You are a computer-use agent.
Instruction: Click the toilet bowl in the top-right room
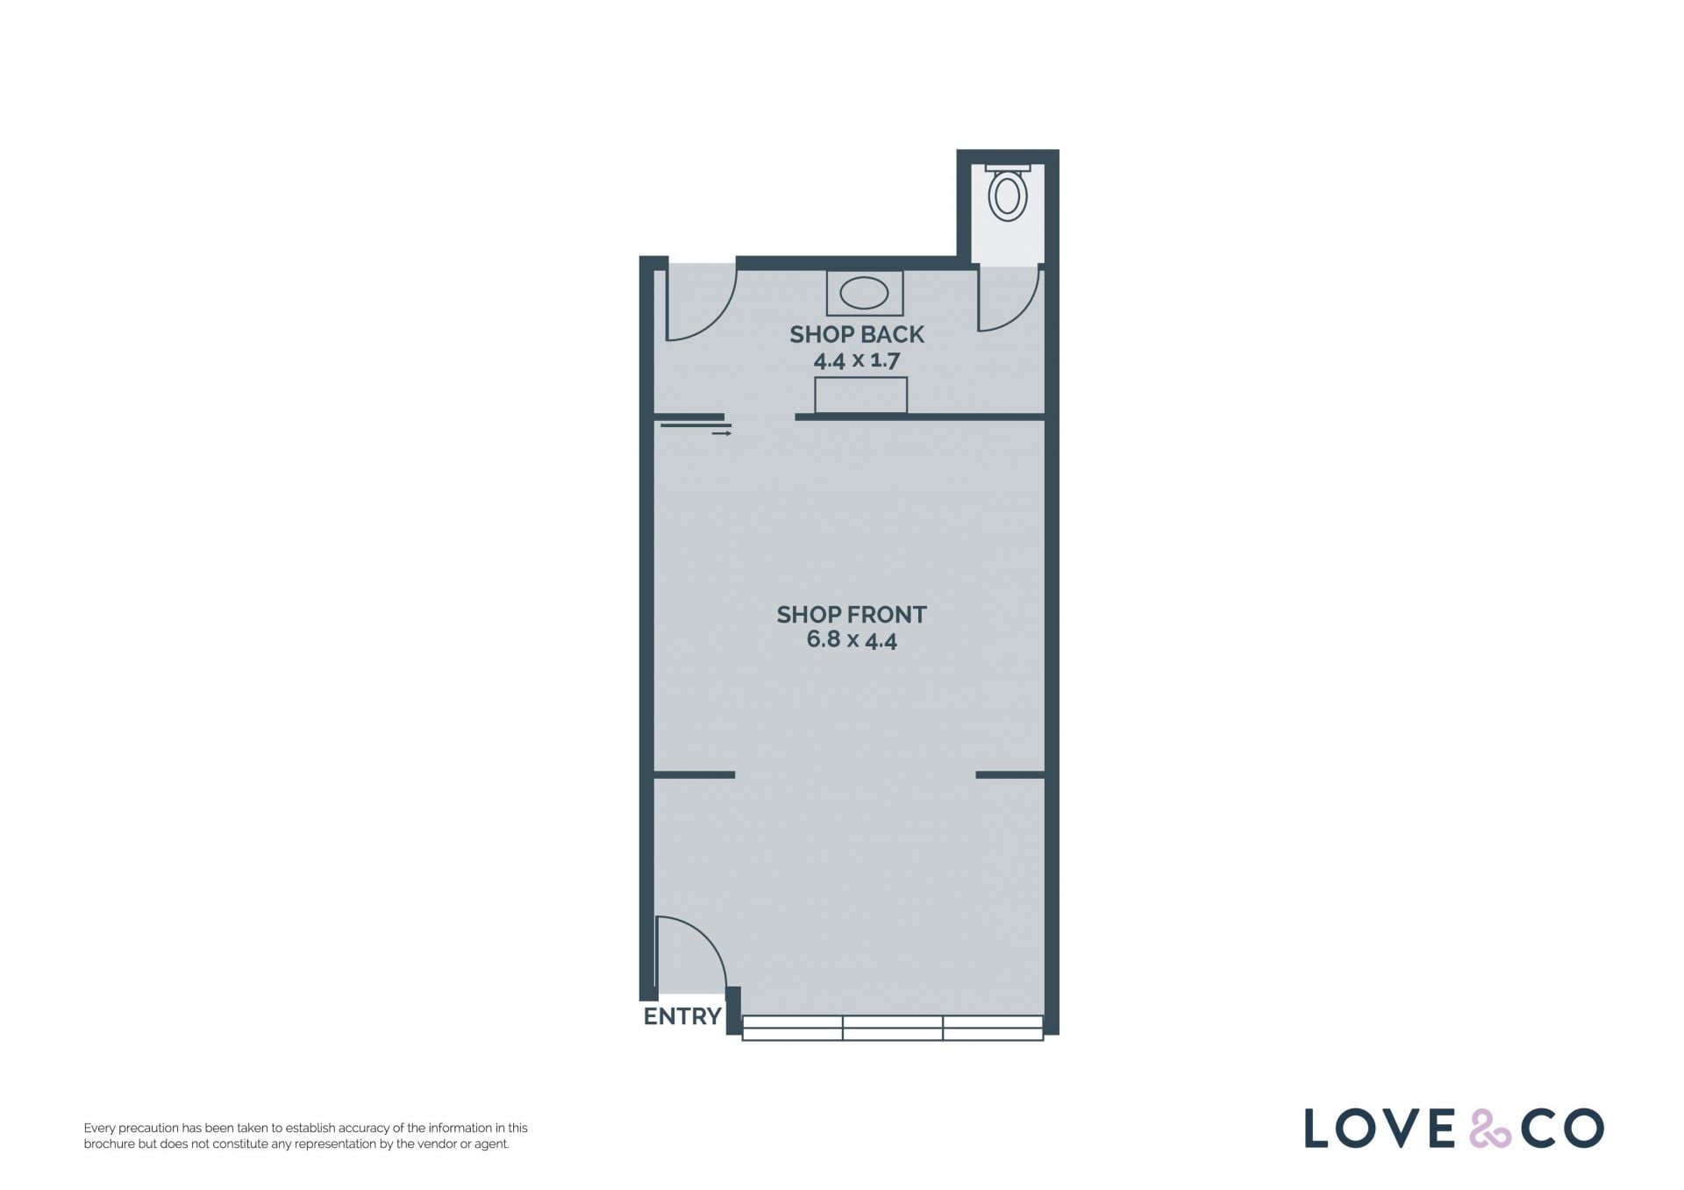click(x=1008, y=196)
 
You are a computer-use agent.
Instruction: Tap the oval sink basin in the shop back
click(x=864, y=293)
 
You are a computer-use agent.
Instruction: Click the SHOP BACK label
click(x=857, y=334)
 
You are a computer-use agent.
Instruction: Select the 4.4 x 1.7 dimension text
click(x=857, y=360)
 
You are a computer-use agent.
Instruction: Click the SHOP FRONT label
click(x=852, y=615)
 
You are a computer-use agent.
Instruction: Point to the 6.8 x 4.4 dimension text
click(x=852, y=640)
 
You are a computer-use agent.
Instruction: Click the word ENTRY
click(x=682, y=1016)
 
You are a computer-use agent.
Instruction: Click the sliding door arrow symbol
click(x=722, y=433)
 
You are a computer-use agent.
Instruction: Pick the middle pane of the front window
click(x=893, y=1028)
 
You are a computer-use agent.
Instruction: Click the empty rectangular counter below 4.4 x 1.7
click(x=860, y=395)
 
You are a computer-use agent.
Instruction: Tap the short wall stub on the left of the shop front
click(x=695, y=774)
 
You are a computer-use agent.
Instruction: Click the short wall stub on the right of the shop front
click(x=1010, y=774)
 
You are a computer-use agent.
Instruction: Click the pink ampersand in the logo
click(x=1490, y=1129)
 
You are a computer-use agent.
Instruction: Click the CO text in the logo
click(x=1563, y=1129)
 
